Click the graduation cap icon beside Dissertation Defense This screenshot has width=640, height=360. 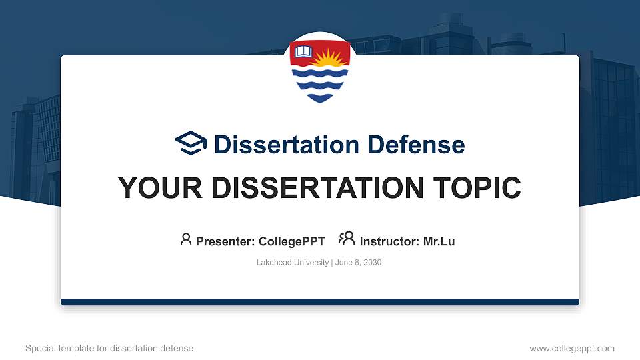tap(191, 144)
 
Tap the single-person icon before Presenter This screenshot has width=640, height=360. tap(186, 239)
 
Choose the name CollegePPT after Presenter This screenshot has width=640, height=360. tap(292, 241)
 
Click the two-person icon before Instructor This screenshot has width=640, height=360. tap(347, 239)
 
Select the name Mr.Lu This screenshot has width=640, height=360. tap(439, 241)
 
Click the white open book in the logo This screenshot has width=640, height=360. tap(304, 51)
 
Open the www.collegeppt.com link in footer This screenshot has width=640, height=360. tap(572, 348)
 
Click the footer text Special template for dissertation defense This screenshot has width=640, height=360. tap(109, 348)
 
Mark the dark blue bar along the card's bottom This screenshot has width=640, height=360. tap(320, 302)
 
